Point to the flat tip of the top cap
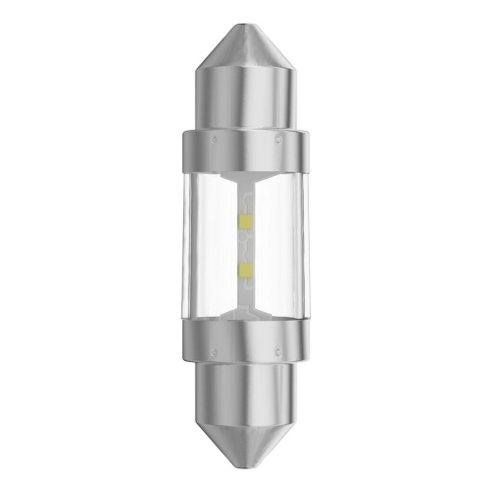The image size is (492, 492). coord(246,20)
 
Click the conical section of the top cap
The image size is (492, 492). coord(246,49)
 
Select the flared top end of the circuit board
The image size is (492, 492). coord(246,179)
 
